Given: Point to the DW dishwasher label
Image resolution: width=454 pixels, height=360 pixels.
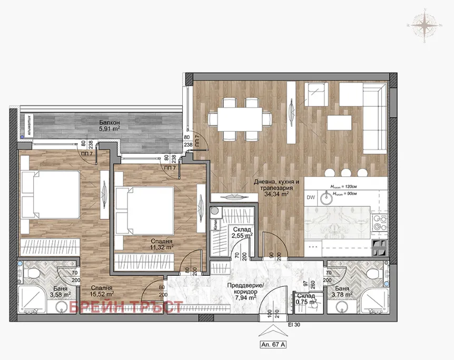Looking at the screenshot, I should (x=311, y=197).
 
